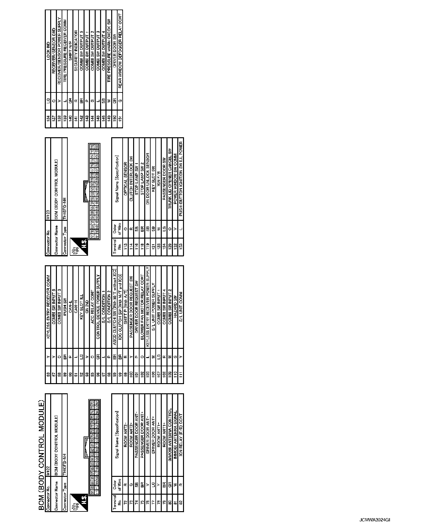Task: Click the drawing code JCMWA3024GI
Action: (375, 520)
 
